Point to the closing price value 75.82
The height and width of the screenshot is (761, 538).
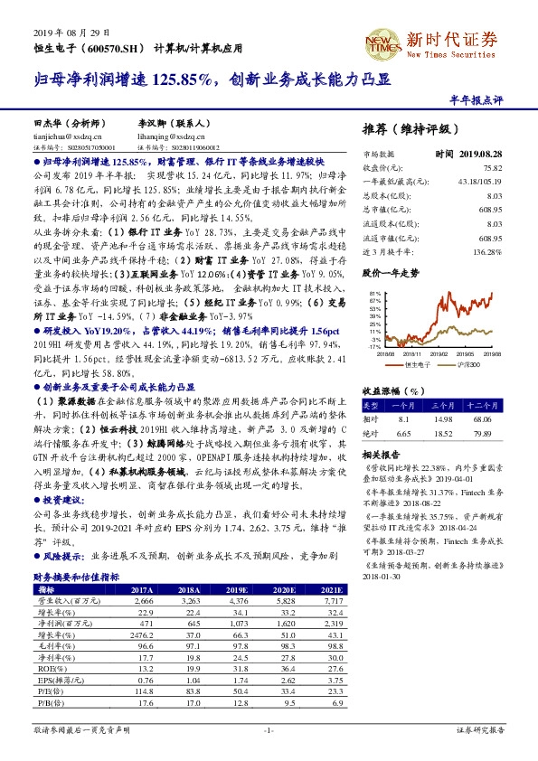492,167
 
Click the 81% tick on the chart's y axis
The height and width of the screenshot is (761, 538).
375,295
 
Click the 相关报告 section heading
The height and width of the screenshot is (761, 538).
380,455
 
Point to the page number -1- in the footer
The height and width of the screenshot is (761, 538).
269,730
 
